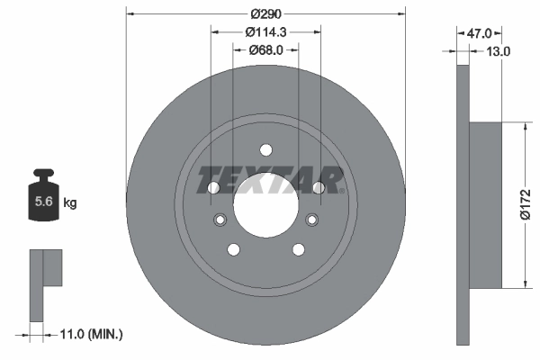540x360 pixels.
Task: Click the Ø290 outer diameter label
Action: (x=265, y=14)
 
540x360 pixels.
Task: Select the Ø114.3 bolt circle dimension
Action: (x=265, y=31)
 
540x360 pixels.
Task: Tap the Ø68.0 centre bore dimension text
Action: (x=265, y=49)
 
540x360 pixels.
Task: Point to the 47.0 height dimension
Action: (x=478, y=32)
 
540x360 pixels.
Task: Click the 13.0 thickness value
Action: (x=498, y=51)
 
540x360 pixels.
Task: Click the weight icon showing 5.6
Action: (x=41, y=199)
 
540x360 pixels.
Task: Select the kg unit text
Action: (x=70, y=203)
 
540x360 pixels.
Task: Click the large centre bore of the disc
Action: (x=265, y=204)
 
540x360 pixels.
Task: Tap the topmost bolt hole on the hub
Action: (x=265, y=150)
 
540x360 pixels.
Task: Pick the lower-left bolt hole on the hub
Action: (x=234, y=249)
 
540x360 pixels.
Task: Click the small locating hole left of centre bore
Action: (x=219, y=220)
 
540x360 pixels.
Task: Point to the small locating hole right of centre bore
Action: (x=312, y=220)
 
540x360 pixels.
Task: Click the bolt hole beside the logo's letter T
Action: (x=213, y=188)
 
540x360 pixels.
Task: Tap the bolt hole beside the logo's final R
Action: (x=318, y=187)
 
